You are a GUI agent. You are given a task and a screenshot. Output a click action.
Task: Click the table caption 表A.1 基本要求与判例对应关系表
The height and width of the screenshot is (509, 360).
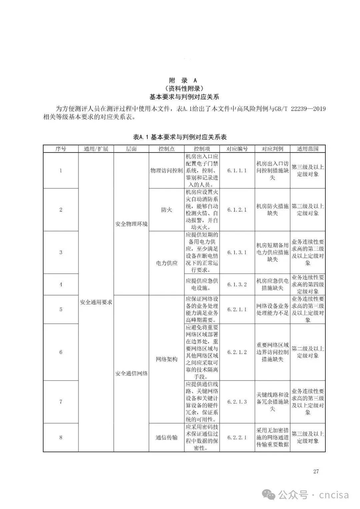point(180,137)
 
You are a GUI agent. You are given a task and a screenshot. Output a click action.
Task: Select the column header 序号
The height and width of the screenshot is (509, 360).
point(61,149)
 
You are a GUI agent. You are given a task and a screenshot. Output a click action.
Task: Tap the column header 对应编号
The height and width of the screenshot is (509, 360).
point(237,149)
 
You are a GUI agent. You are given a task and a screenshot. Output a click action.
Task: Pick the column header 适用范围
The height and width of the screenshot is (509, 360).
point(307,149)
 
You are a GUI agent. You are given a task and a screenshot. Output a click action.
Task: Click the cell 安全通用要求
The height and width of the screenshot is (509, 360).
point(96,302)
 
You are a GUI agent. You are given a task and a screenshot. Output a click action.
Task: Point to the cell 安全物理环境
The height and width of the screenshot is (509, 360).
point(131,224)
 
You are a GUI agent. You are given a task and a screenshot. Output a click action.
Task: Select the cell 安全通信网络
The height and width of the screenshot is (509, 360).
point(131,373)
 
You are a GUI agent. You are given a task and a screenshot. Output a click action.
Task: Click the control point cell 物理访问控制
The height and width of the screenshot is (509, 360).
point(166,171)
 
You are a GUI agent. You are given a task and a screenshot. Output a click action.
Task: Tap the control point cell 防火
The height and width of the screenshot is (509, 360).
point(166,210)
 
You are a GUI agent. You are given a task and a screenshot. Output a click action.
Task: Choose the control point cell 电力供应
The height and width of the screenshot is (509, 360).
point(166,263)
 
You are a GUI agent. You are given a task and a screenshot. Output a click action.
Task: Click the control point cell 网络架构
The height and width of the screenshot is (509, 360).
point(166,359)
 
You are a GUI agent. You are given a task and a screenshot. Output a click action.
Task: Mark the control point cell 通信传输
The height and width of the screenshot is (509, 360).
point(166,437)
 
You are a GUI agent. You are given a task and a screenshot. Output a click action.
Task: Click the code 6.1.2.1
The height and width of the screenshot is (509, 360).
point(237,210)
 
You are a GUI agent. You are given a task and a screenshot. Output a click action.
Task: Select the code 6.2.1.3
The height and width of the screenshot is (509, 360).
point(237,402)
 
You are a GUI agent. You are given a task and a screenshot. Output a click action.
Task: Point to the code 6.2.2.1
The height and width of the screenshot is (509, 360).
point(237,437)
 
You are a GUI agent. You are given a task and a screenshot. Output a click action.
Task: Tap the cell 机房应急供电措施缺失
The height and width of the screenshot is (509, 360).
point(272,285)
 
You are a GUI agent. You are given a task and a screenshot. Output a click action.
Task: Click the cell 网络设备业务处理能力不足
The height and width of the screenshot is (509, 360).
point(272,309)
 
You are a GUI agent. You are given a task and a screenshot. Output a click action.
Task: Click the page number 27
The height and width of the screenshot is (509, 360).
point(316,471)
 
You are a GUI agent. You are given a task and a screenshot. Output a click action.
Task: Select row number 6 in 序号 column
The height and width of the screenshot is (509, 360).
point(61,352)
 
